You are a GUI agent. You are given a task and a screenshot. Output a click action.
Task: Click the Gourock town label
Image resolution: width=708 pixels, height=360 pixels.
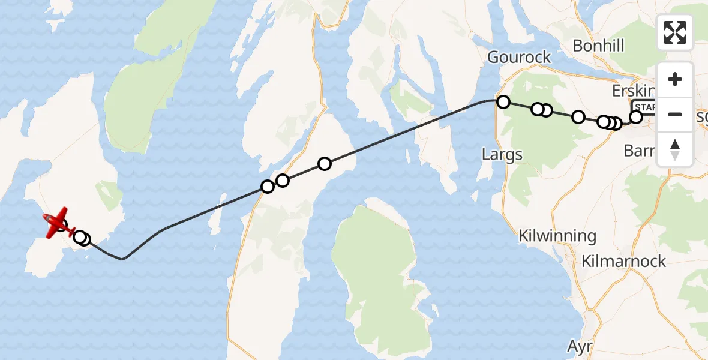click(x=519, y=58)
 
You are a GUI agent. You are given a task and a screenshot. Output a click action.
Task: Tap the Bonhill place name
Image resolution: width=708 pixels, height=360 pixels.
click(x=598, y=46)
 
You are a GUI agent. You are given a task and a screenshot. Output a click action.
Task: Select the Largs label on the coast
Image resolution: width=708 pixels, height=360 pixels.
click(x=502, y=155)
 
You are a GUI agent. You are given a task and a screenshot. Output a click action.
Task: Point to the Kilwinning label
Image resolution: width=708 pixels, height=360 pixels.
click(x=558, y=236)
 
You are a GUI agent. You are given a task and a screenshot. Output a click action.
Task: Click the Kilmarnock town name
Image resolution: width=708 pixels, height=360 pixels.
click(x=624, y=262)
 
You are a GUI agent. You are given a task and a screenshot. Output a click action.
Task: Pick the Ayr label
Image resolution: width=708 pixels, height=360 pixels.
click(x=580, y=346)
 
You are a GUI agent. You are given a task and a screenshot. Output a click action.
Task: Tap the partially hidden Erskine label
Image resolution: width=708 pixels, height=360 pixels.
click(x=634, y=91)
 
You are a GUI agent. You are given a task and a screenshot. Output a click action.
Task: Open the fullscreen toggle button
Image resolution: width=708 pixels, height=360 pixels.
click(x=675, y=32)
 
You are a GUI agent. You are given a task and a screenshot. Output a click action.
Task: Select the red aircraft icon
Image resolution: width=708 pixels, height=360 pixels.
click(x=55, y=222)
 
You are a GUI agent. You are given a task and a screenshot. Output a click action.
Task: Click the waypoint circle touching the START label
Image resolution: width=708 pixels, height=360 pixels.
click(x=635, y=117)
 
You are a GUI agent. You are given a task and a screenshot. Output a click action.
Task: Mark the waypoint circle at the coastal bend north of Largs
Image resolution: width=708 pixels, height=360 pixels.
click(x=503, y=102)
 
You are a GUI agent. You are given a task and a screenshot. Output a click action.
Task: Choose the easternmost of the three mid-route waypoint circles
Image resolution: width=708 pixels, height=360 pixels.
click(x=325, y=164)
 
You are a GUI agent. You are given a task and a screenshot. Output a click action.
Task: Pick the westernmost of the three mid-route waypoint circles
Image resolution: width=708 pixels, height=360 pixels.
click(x=268, y=187)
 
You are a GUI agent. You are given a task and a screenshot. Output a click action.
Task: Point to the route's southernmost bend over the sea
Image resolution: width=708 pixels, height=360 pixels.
click(x=122, y=259)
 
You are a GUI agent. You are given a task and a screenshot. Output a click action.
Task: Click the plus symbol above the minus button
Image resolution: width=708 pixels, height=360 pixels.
click(x=675, y=79)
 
